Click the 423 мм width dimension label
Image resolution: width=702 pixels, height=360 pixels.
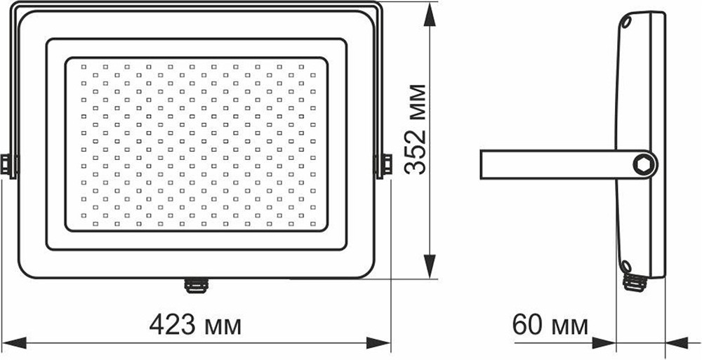(x=195, y=325)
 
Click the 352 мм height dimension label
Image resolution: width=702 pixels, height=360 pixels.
(x=415, y=129)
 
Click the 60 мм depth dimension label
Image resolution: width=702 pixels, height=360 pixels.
(x=550, y=325)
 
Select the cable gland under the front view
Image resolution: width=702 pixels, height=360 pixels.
(x=195, y=285)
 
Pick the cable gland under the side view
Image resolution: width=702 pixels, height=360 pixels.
(x=635, y=282)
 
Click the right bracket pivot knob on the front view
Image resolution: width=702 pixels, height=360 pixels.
(x=384, y=165)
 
